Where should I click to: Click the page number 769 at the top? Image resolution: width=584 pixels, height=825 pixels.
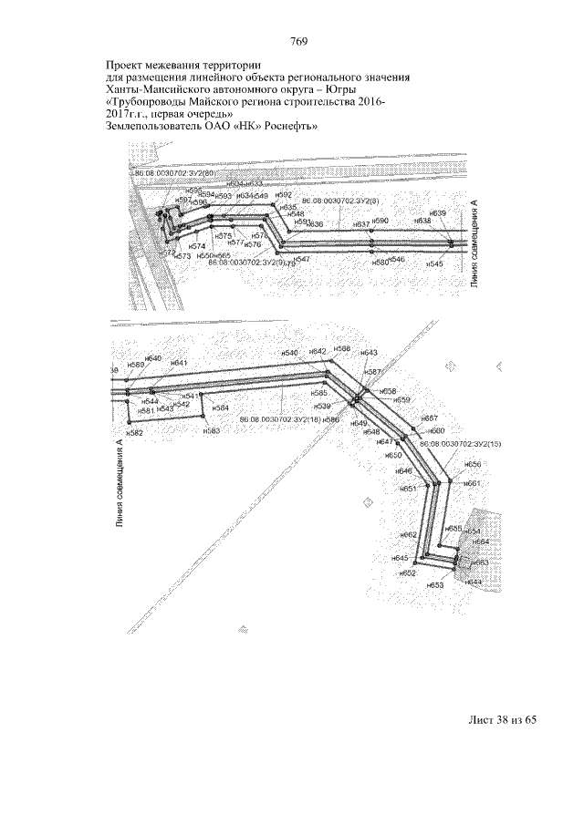coord(298,42)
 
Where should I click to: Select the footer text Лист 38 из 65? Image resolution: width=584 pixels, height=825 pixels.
coord(501,720)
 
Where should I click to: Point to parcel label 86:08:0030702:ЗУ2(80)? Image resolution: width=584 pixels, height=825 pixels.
coord(174,173)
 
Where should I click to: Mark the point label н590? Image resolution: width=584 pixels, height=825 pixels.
coord(380,222)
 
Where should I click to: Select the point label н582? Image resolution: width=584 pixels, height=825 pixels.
coord(135,433)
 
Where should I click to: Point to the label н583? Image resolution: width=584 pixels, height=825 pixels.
coord(212,430)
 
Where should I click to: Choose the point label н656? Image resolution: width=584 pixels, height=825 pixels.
coord(471,464)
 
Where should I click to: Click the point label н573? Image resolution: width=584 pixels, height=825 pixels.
coord(182,257)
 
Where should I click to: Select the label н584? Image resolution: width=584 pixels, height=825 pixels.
coord(221,407)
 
